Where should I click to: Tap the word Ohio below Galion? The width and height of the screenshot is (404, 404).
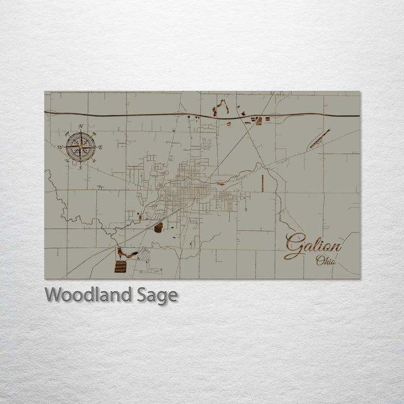click(x=326, y=260)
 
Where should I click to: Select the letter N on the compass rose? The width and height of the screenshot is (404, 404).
click(x=81, y=127)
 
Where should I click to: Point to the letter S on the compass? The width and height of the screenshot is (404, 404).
click(x=80, y=167)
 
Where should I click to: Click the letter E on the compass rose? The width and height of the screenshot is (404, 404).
click(x=100, y=147)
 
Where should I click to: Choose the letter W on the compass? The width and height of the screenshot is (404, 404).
click(x=60, y=147)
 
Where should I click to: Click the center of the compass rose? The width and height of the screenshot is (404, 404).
click(x=80, y=147)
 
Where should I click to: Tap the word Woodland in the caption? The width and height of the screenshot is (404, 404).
click(x=88, y=295)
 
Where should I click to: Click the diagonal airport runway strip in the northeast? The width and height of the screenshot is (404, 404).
click(x=320, y=139)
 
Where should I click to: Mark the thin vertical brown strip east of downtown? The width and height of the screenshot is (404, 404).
click(x=262, y=183)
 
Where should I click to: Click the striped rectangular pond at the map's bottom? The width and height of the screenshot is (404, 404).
click(x=120, y=266)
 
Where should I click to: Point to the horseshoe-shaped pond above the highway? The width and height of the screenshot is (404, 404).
click(x=221, y=107)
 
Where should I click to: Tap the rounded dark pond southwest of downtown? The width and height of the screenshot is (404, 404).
click(x=158, y=227)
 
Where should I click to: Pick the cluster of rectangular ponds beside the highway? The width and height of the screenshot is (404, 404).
click(x=257, y=120)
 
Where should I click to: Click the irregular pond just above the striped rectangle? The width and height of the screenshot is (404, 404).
click(x=126, y=254)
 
